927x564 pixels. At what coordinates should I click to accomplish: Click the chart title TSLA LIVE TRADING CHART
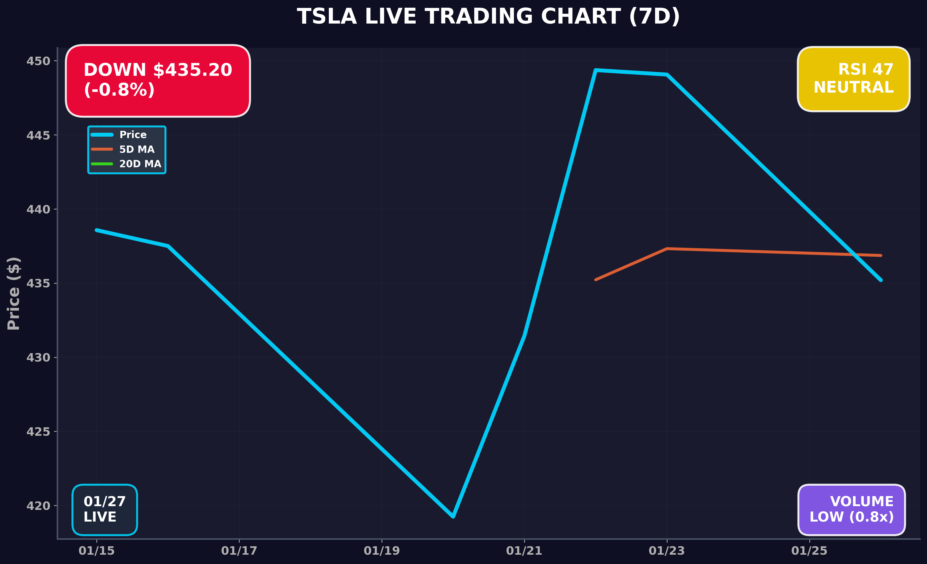tap(488, 17)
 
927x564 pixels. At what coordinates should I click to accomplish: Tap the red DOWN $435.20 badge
tap(158, 80)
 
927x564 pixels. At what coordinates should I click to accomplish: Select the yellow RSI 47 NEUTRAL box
tap(853, 79)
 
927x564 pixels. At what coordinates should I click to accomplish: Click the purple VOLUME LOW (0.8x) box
tap(851, 509)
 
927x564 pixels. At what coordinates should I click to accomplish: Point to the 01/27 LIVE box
tap(105, 509)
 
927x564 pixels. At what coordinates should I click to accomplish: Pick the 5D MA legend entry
tap(137, 149)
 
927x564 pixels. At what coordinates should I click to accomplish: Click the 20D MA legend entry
tap(140, 164)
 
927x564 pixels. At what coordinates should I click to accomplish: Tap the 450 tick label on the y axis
tap(38, 61)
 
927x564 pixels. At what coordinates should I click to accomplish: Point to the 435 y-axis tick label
tap(38, 283)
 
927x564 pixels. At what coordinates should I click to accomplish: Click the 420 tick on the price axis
tap(38, 506)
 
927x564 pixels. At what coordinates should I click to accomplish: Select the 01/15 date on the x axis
tap(96, 551)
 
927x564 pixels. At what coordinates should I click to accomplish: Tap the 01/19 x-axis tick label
tap(382, 551)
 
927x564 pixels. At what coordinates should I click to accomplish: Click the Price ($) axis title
tap(14, 293)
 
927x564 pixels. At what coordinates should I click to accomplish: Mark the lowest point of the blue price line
tap(453, 517)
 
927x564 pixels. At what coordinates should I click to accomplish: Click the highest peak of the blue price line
tap(596, 70)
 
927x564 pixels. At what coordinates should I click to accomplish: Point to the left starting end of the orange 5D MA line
tap(596, 280)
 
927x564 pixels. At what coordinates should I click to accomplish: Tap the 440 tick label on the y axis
tap(38, 209)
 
